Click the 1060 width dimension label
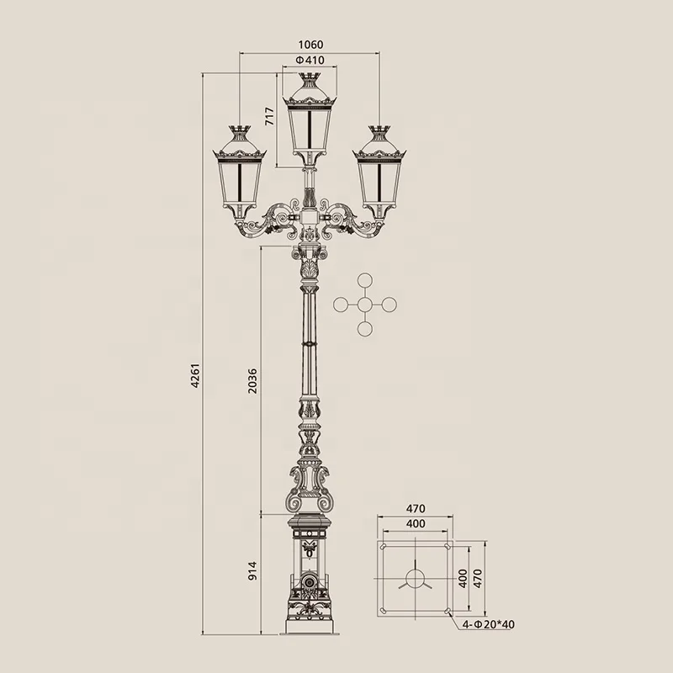tap(310, 45)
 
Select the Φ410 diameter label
tap(310, 61)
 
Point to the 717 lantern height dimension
tap(270, 117)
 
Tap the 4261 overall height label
tap(195, 375)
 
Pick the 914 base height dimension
tap(253, 571)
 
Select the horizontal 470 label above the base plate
tap(416, 509)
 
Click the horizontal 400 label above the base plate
tap(416, 523)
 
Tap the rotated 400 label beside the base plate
tap(462, 579)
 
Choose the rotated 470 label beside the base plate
tap(478, 579)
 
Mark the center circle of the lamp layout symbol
tap(364, 305)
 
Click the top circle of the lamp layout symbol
tap(364, 281)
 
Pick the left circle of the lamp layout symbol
tap(341, 305)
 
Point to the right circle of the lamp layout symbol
tap(388, 305)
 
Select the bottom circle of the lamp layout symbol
tap(364, 328)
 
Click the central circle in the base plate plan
tap(416, 579)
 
